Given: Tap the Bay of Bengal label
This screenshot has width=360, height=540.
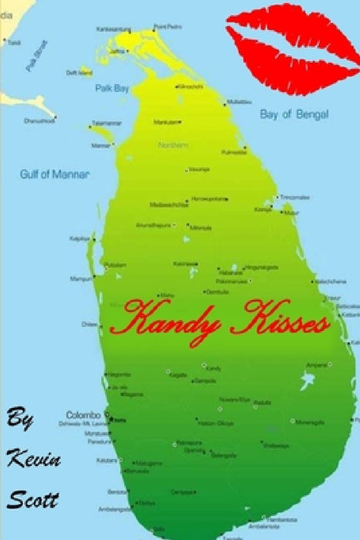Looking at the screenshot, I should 293,115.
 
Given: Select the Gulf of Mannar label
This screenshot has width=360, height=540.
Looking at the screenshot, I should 54,174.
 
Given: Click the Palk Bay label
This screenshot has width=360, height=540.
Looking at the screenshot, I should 112,89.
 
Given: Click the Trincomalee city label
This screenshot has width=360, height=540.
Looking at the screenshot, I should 295,197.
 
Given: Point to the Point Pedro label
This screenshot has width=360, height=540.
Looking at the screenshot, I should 169,26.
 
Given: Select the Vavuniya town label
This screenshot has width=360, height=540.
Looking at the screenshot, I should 198,170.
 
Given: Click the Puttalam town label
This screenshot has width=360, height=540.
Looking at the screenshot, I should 116,265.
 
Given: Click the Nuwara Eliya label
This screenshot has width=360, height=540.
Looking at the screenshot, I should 234,400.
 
